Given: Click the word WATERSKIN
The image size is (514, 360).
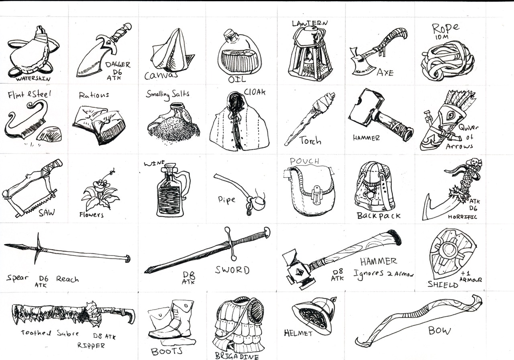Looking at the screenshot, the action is [33, 79].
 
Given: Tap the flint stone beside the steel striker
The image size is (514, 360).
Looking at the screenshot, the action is [49, 134].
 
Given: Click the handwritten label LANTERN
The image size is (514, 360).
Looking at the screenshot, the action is [310, 23].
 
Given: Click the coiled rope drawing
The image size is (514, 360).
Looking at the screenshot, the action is [447, 61].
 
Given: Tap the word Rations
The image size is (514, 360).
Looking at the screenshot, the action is [94, 95].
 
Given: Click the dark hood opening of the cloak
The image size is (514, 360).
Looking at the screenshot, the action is [236, 103].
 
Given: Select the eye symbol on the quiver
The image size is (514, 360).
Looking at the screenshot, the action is [451, 115].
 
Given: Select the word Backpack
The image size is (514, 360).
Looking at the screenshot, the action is [379, 216].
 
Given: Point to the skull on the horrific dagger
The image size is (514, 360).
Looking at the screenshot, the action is [473, 163].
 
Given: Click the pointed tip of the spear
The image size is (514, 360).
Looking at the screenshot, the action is [6, 245].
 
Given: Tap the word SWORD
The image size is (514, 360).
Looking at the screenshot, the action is [232, 270].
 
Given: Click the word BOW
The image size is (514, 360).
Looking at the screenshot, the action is [439, 331].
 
